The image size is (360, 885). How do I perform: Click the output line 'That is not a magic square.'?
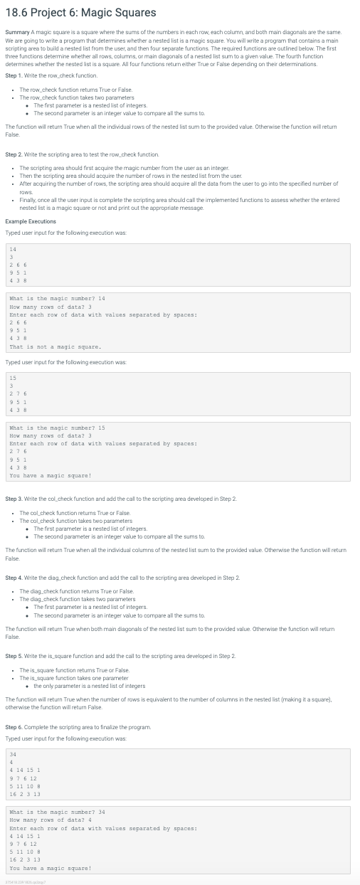pyautogui.click(x=55, y=346)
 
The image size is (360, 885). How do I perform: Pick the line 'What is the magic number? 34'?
pyautogui.click(x=58, y=812)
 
